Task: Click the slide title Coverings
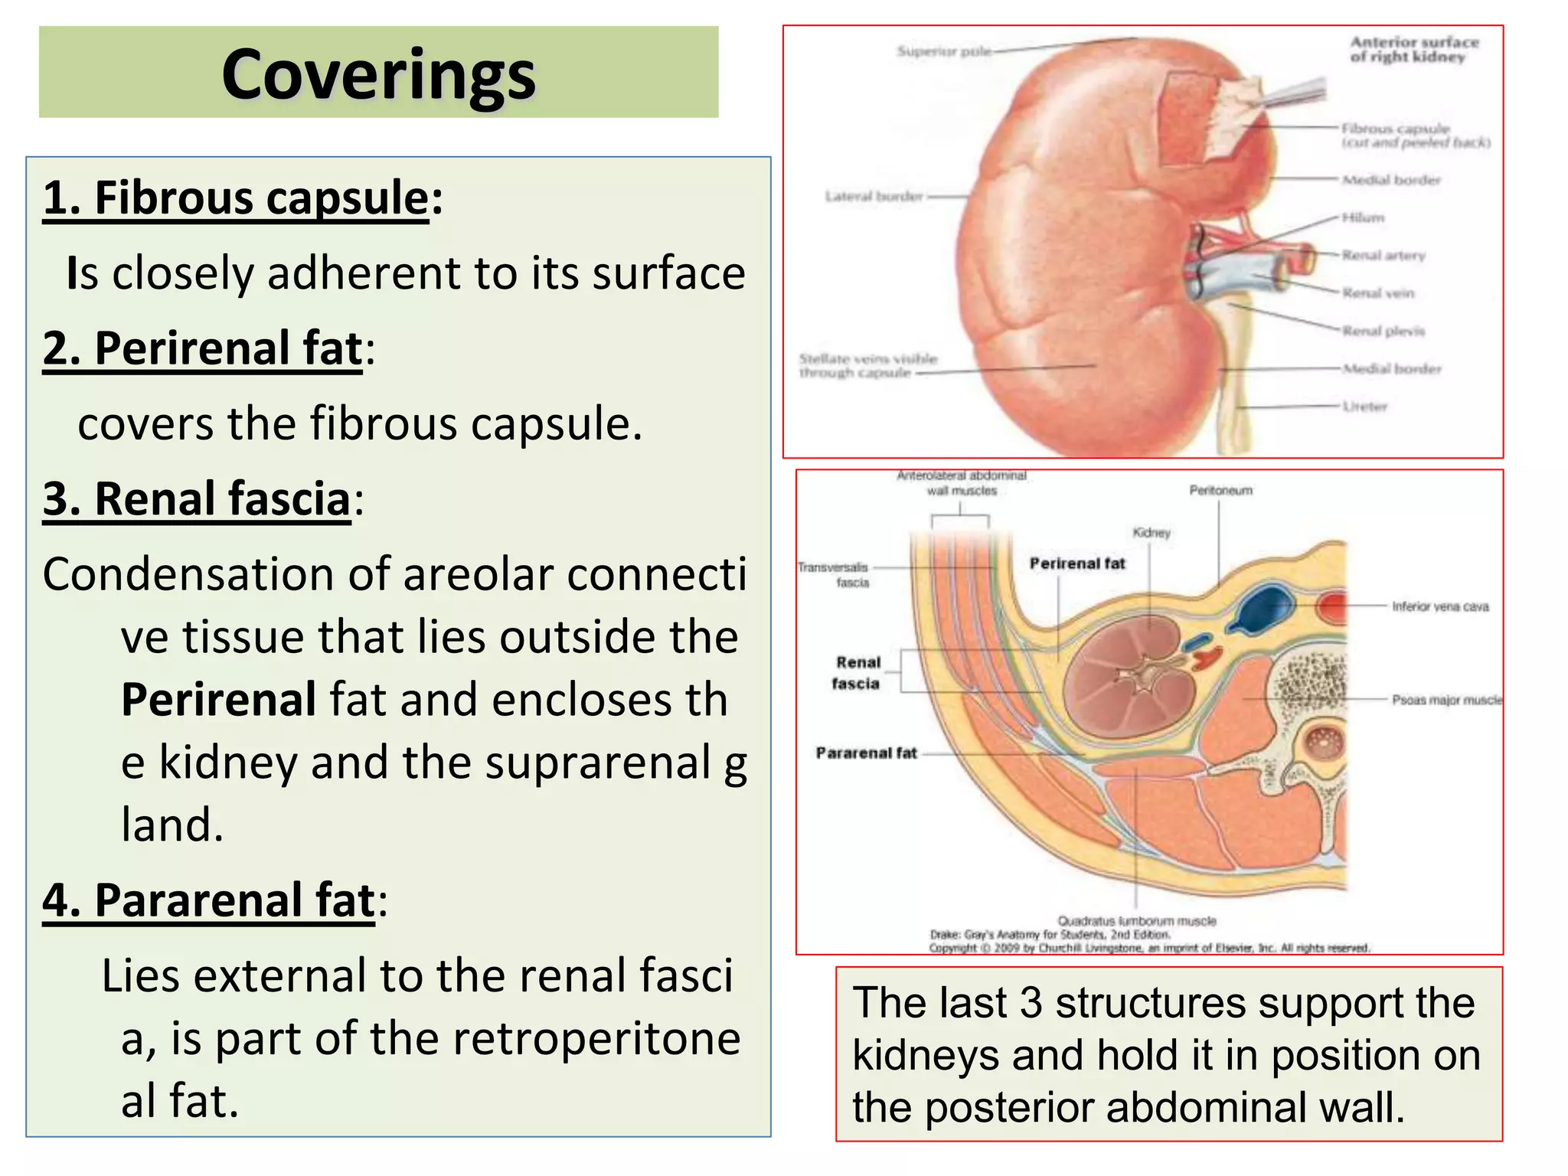click(x=378, y=74)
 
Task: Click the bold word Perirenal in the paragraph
click(x=218, y=700)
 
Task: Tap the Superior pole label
click(x=943, y=51)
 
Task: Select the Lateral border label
click(x=873, y=197)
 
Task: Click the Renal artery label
click(x=1383, y=256)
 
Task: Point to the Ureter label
click(x=1364, y=407)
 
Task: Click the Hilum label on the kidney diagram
click(x=1363, y=218)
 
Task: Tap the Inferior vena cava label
click(x=1440, y=607)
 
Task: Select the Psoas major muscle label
click(x=1446, y=700)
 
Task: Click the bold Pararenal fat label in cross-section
click(x=866, y=753)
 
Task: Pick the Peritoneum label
click(x=1220, y=491)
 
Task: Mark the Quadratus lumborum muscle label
click(x=1137, y=921)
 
